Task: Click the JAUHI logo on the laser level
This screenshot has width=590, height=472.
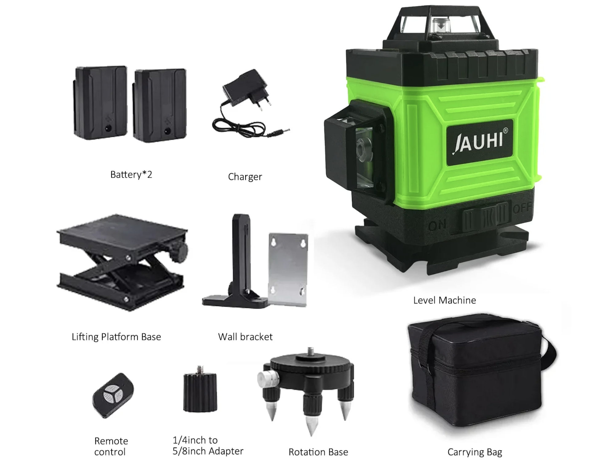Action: tap(478, 142)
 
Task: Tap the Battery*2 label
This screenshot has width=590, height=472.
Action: tap(131, 175)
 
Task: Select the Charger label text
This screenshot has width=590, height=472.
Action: tap(245, 177)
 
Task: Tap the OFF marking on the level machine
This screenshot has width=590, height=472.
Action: tap(521, 208)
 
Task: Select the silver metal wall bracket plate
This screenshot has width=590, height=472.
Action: tap(288, 269)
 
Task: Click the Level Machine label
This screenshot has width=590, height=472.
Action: tap(444, 300)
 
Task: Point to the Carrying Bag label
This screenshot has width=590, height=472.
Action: tap(475, 452)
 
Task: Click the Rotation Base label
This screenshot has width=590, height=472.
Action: tap(318, 452)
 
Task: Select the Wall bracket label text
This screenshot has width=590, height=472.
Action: tap(245, 337)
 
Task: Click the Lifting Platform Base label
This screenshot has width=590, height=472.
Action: tap(116, 337)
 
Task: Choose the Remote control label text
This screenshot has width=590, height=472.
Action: tap(111, 446)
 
